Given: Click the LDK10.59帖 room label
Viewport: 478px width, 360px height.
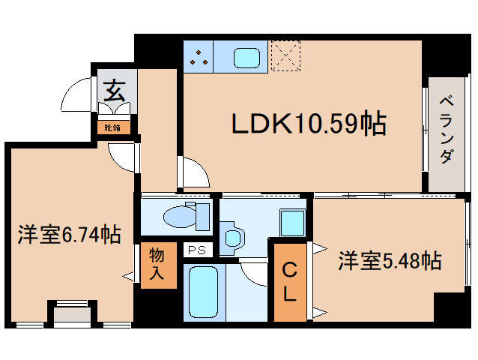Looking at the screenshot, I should pos(308,124).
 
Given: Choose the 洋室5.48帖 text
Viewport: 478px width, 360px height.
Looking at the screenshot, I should pos(388,261).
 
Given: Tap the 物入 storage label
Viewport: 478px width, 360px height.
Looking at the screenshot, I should pos(157,263).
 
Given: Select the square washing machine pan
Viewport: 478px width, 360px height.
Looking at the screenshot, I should pos(292,222).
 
